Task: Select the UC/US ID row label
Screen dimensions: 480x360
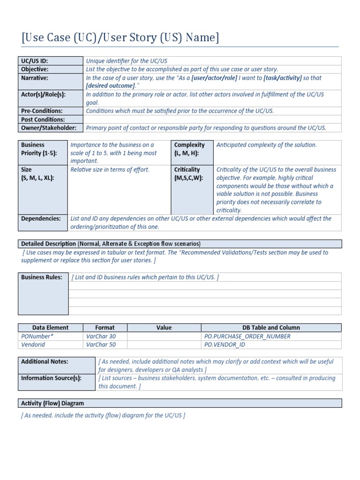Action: (x=35, y=61)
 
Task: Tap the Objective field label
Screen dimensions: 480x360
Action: (x=35, y=69)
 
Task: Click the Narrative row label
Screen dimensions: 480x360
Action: (x=35, y=78)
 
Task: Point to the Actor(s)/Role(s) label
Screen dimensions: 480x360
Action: (x=43, y=94)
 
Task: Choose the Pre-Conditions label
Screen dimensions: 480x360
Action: (x=42, y=111)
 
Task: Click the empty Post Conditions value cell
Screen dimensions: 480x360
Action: (x=212, y=119)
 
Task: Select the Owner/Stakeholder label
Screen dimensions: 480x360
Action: (x=48, y=127)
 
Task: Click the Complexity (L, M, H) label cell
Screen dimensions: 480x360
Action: (x=189, y=149)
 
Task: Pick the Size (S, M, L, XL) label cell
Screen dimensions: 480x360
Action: (x=37, y=173)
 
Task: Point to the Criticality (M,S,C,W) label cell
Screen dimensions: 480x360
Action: (x=189, y=173)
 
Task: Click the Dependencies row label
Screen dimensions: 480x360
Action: (x=41, y=218)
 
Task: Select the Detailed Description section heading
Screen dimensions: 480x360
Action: (x=111, y=244)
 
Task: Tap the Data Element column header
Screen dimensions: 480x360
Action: (x=51, y=328)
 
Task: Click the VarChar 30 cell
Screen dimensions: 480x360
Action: (x=100, y=336)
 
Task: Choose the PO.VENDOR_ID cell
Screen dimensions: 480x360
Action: (x=225, y=345)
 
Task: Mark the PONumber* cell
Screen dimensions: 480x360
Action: (x=37, y=336)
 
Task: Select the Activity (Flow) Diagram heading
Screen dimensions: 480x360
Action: (x=52, y=403)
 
